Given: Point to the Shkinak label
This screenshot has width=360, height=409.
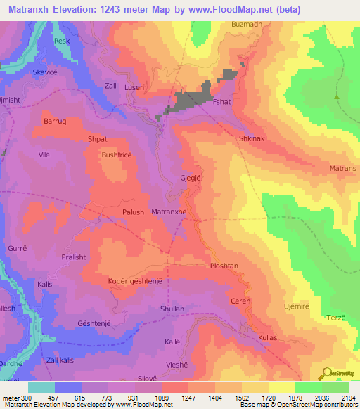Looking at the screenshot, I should (x=252, y=139).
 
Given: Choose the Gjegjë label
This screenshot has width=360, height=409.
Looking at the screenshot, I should (x=191, y=178).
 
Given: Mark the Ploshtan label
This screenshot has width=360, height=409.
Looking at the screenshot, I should (x=226, y=266).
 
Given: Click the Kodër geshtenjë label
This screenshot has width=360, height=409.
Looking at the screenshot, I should (x=136, y=281).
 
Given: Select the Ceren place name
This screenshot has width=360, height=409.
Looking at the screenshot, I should (x=241, y=301).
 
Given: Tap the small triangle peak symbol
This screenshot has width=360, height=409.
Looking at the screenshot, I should (x=337, y=97).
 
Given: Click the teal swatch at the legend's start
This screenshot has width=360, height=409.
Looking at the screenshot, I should (x=41, y=387).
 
